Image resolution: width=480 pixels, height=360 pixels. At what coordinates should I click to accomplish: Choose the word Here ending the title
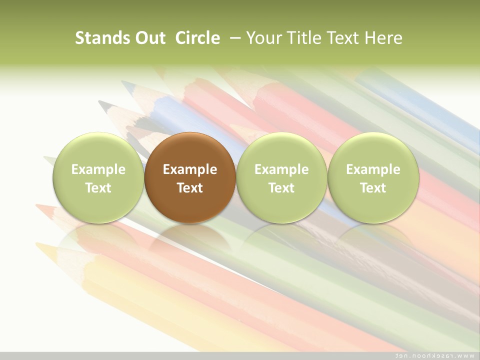tap(384, 38)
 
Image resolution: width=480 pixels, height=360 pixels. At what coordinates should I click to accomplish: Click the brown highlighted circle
tap(190, 177)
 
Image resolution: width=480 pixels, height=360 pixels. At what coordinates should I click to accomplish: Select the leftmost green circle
tap(98, 177)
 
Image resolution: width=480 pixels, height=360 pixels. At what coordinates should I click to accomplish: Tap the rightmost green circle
tap(373, 177)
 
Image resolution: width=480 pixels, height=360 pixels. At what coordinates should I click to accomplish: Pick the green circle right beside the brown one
tap(281, 177)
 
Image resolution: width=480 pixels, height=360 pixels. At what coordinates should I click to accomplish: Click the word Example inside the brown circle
tap(190, 169)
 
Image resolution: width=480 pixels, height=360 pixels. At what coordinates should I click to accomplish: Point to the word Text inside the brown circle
tap(190, 188)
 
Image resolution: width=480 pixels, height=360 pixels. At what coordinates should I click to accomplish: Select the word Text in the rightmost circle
tap(373, 188)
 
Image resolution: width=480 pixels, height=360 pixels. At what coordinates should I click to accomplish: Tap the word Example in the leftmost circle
tap(98, 169)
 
